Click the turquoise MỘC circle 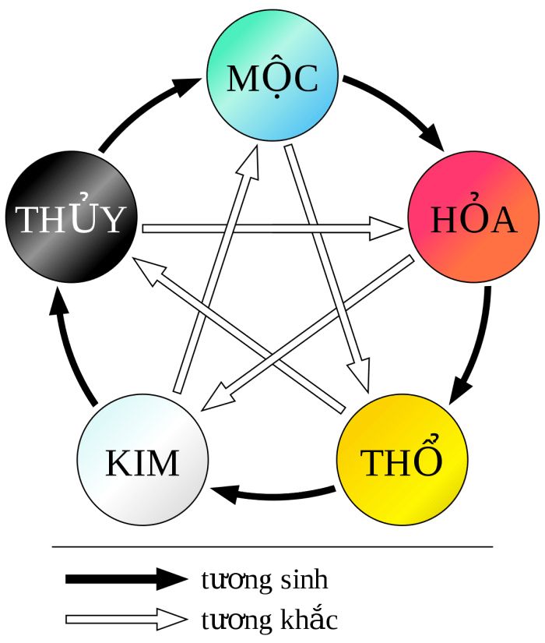272,77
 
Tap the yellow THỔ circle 403,460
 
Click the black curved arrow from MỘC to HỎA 397,109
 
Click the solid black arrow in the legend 125,578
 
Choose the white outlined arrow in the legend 125,619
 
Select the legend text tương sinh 265,580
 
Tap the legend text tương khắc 269,620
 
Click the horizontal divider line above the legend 272,546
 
